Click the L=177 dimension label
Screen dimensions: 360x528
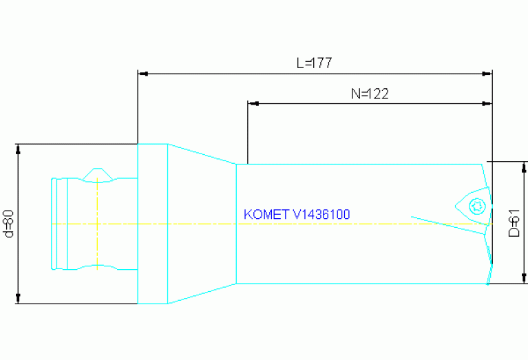pos(314,63)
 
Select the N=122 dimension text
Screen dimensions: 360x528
pos(369,94)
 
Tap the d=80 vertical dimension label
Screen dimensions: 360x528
pos(9,224)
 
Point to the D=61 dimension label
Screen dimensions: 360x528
pos(513,223)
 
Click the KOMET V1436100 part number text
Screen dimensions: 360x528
pos(297,215)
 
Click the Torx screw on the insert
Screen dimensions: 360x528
pos(476,205)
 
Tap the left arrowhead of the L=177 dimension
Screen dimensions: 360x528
pos(142,72)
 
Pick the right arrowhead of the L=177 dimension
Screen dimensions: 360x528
pos(488,72)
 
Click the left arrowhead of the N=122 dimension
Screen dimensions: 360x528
pos(253,104)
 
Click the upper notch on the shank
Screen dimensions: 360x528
pos(98,173)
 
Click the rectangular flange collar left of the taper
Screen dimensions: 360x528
pos(153,224)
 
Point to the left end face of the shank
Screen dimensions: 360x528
pos(53,224)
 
